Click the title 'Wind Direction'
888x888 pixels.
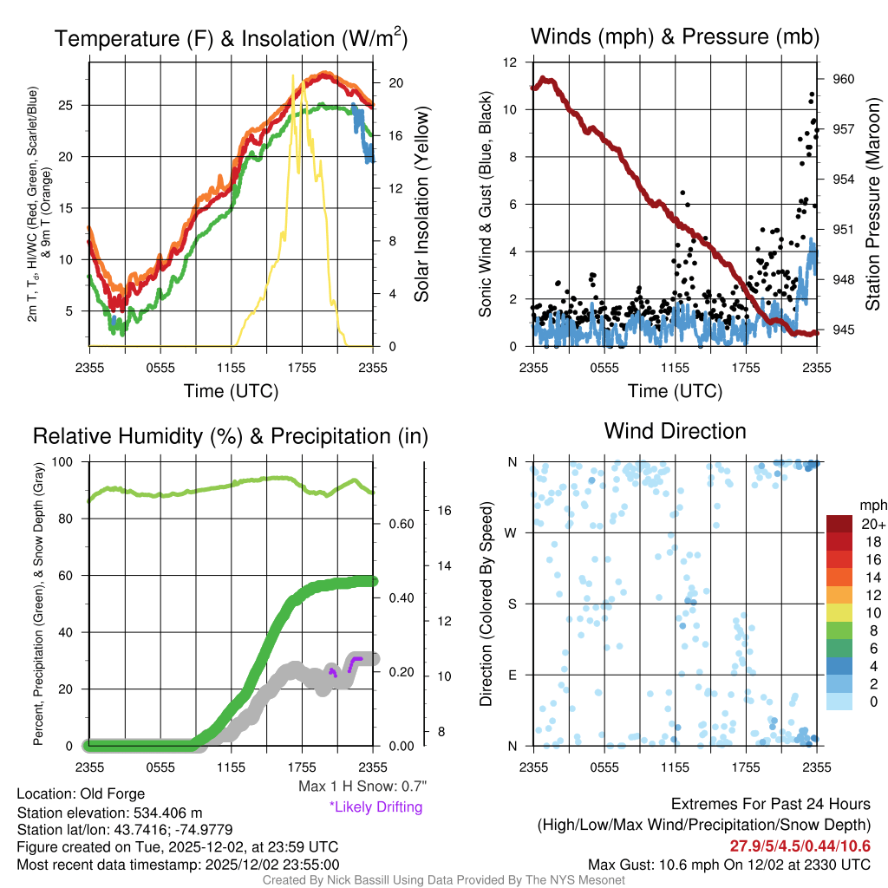[x=675, y=431]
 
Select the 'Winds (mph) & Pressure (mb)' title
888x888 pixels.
[x=675, y=36]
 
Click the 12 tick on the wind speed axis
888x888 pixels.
[x=511, y=62]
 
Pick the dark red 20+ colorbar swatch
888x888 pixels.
[x=841, y=524]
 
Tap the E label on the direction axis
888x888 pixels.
[x=512, y=675]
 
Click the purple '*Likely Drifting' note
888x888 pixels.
[x=375, y=806]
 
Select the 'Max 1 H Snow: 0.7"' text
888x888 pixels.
[x=361, y=787]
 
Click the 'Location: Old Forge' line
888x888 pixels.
[x=81, y=793]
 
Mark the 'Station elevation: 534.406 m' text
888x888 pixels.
[x=109, y=813]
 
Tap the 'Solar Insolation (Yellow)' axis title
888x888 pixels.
[x=422, y=205]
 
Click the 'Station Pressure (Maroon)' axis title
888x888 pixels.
[x=873, y=205]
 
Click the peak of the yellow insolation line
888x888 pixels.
[x=293, y=76]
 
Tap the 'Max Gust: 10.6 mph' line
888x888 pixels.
[x=728, y=864]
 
